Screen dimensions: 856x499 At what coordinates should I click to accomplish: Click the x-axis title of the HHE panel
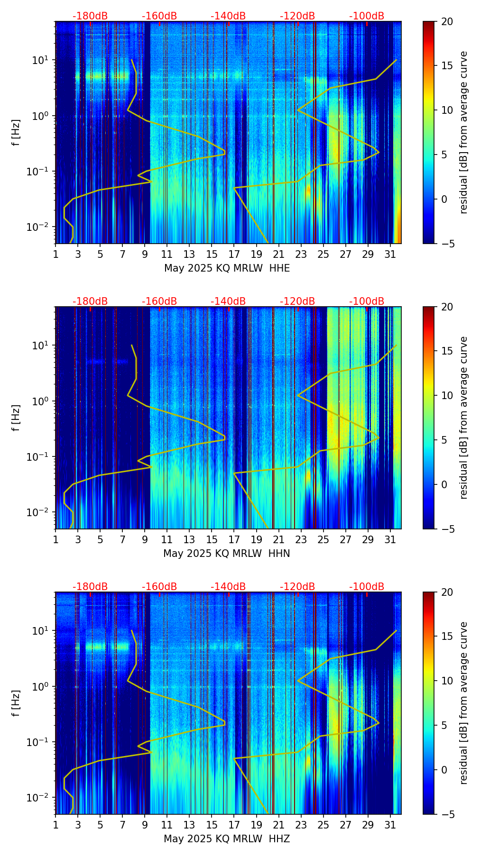pos(227,268)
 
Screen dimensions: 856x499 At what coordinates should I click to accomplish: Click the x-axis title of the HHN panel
pos(227,554)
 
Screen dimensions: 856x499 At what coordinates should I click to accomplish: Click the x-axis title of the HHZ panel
pos(227,839)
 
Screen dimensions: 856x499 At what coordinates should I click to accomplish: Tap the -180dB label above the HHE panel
pos(90,16)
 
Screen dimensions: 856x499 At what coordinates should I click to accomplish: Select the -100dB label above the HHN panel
pos(367,301)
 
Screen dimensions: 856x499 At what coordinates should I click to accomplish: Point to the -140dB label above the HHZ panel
pos(228,587)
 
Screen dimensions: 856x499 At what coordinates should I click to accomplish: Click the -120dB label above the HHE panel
pos(297,16)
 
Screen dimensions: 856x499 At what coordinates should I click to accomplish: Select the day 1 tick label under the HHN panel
pos(56,539)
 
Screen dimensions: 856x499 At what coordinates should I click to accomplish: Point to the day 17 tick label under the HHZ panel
pos(234,825)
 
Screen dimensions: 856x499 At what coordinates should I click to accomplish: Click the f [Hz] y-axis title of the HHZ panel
pos(16,703)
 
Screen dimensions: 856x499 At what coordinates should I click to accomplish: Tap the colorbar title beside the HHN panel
pos(463,418)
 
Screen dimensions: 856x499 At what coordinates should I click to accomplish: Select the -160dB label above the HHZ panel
pos(159,587)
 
